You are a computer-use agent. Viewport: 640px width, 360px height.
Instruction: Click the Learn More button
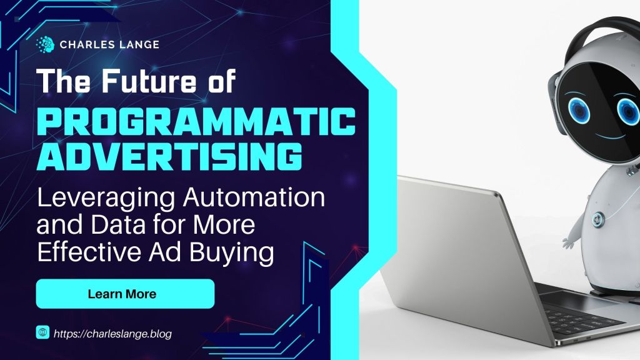click(x=125, y=293)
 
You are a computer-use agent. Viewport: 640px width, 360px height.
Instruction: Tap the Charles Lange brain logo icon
click(x=44, y=44)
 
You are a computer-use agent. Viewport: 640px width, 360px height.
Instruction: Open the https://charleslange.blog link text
click(x=112, y=334)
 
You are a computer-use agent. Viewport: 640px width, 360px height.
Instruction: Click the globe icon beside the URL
click(x=44, y=334)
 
